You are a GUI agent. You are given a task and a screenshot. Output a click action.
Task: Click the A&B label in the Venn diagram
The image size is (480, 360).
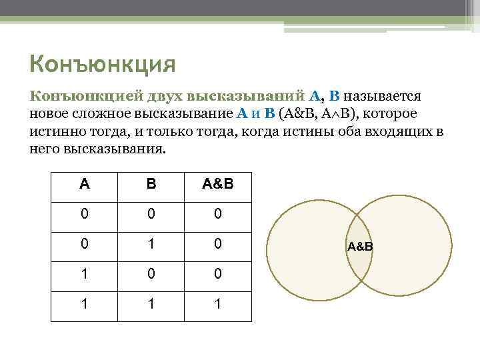pos(360,247)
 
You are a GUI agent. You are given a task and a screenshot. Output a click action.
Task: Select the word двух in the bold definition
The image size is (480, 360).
pos(171,97)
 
